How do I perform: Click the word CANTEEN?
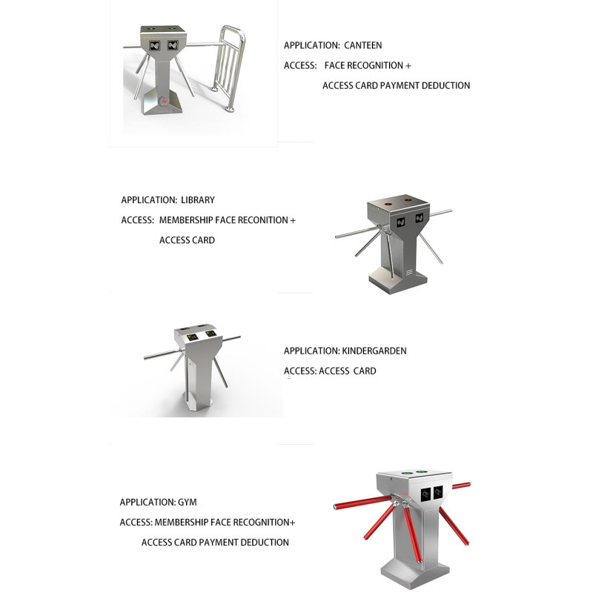coord(363,45)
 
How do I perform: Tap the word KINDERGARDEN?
coord(374,351)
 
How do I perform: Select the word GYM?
coord(188,502)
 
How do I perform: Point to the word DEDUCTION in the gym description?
coord(265,542)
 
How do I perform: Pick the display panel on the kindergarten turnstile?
coord(201,335)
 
